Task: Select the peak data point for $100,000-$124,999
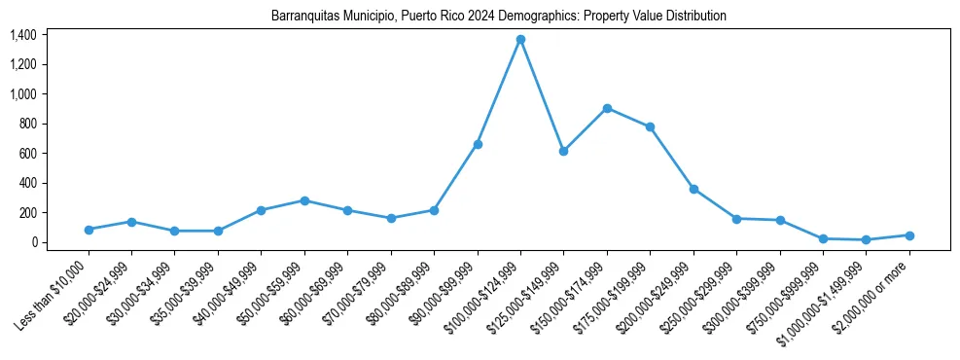[x=520, y=39]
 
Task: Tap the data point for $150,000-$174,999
[x=607, y=108]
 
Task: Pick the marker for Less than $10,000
[x=89, y=230]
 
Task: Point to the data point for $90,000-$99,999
[x=478, y=144]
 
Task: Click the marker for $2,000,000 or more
[x=909, y=235]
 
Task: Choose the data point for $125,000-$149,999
[x=563, y=151]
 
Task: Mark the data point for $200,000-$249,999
[x=693, y=189]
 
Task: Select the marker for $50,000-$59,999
[x=304, y=200]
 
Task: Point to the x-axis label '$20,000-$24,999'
[x=97, y=298]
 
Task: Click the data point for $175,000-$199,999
[x=650, y=126]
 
